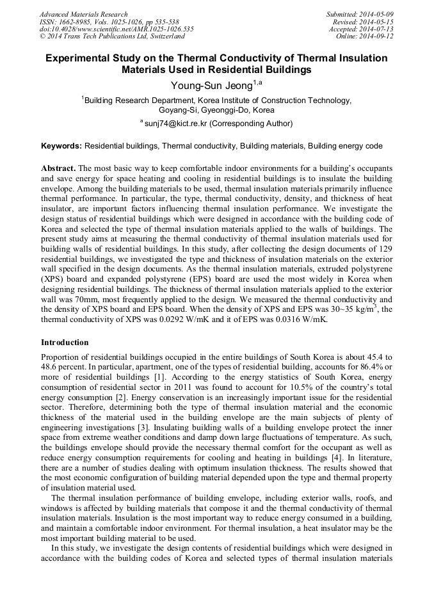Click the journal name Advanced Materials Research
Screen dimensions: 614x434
pos(84,14)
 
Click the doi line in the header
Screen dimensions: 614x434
pos(117,29)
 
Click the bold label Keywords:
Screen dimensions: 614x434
pos(61,146)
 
